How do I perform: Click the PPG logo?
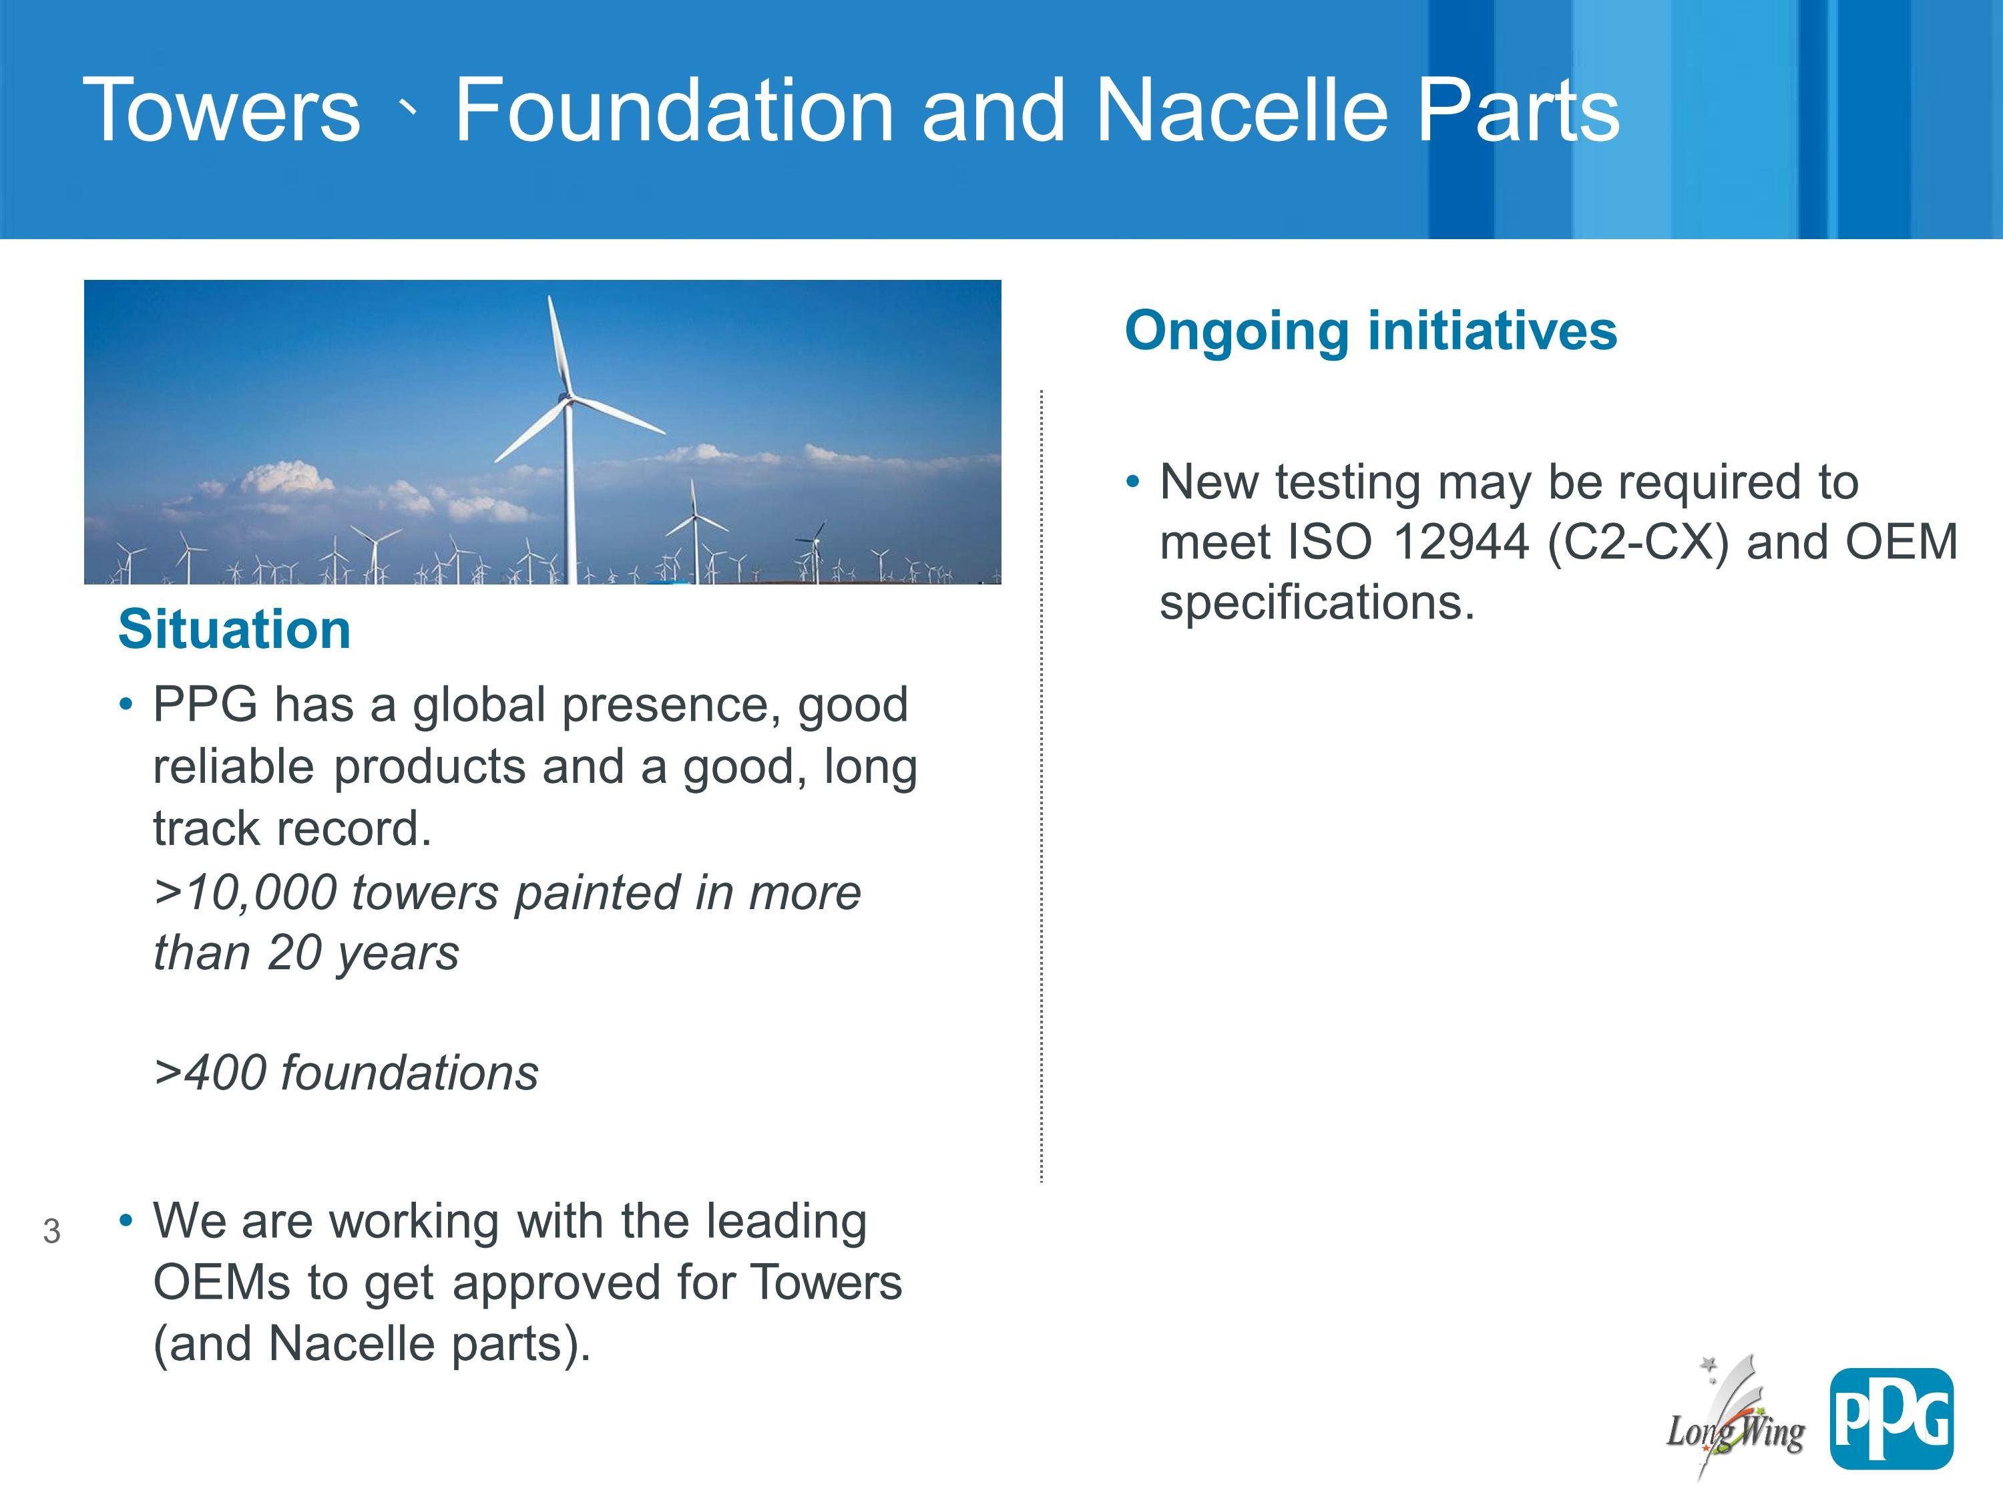[1891, 1419]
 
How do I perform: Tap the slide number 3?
[51, 1231]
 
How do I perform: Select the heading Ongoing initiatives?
[1370, 331]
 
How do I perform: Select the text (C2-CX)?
[1637, 542]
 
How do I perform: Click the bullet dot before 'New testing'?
[1133, 483]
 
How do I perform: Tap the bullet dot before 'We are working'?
[126, 1222]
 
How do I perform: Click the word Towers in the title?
[222, 110]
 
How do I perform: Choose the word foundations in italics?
[409, 1073]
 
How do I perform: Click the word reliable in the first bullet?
[234, 766]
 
